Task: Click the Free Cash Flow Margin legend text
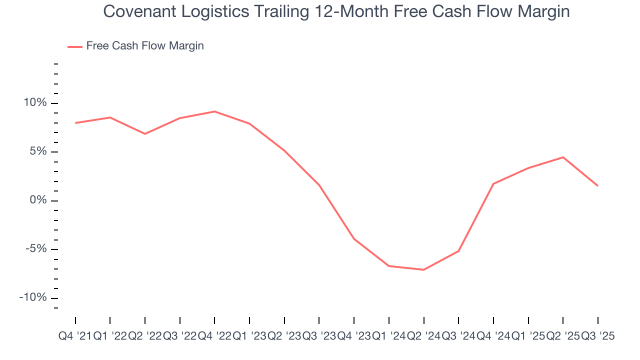click(145, 46)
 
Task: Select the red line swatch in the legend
click(75, 46)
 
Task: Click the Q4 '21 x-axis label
click(75, 336)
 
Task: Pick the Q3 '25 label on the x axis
click(598, 336)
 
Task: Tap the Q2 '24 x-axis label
click(423, 336)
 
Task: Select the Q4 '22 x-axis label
click(214, 336)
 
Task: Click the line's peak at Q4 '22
click(214, 111)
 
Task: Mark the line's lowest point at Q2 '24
click(423, 270)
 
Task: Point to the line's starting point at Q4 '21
click(75, 123)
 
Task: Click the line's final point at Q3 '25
click(598, 186)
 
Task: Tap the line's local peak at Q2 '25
click(563, 157)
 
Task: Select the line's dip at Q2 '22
click(145, 134)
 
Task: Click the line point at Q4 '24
click(493, 184)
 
